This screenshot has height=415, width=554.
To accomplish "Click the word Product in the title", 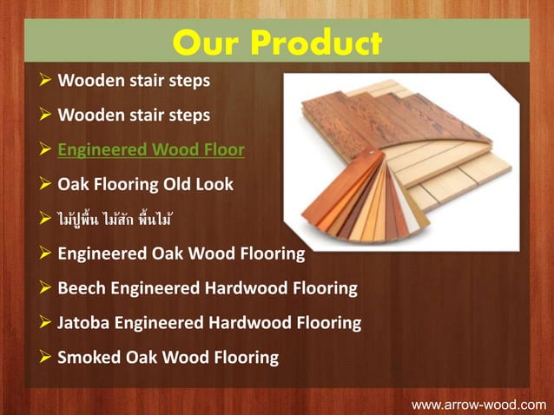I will pos(316,43).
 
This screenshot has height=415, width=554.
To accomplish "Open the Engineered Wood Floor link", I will pos(150,149).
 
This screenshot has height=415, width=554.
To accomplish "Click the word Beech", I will pos(82,287).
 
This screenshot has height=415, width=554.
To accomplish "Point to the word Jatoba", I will pos(85,322).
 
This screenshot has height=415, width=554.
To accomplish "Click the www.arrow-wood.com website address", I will pos(478,404).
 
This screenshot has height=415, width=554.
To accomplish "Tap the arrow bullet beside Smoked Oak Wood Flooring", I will pos(44,357).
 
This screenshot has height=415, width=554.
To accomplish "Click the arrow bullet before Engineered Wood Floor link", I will pos(44,149).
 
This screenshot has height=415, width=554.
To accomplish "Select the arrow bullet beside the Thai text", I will pos(44,219).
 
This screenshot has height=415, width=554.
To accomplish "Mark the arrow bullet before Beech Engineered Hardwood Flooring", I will pos(44,287).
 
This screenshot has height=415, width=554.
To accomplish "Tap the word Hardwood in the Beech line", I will pos(245,287).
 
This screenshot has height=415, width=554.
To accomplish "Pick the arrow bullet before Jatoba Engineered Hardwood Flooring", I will pos(44,322).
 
